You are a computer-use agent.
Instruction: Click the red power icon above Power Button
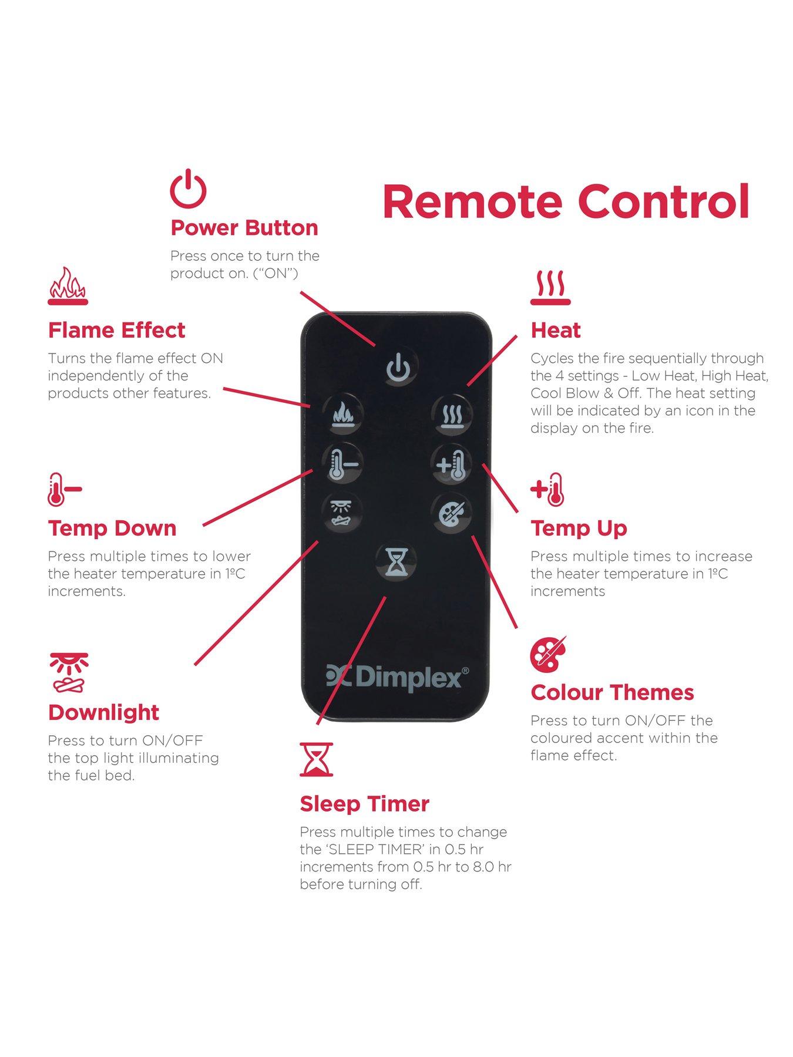188,188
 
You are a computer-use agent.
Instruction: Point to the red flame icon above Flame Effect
68,286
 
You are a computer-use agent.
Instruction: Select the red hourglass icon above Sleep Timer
316,759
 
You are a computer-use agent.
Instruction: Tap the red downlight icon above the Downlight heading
69,671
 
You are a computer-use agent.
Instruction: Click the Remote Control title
566,201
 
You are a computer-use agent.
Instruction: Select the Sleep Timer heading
365,804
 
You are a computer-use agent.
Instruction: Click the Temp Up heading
579,528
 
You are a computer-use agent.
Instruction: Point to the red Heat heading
556,331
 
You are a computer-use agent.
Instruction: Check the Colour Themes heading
612,692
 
